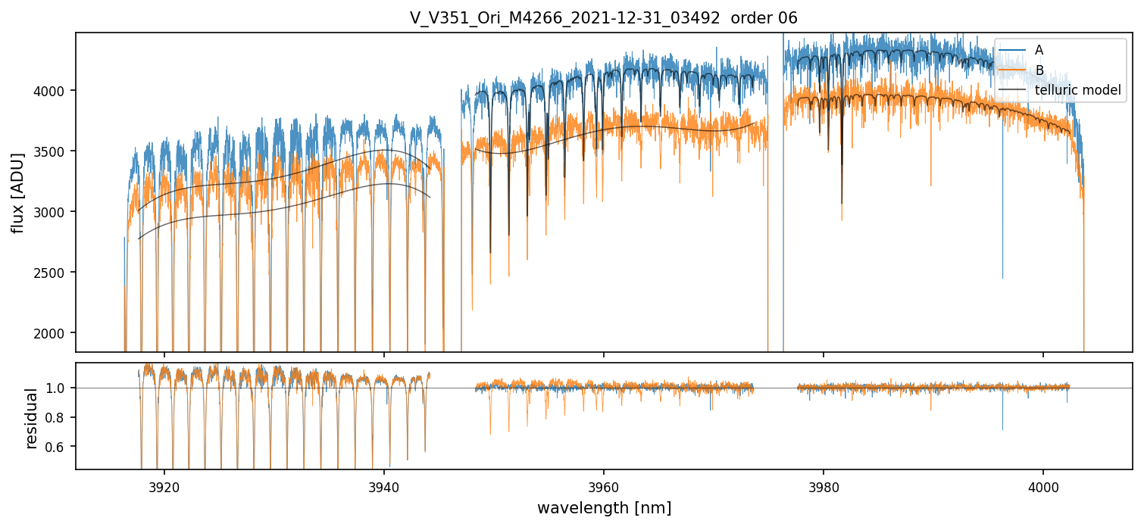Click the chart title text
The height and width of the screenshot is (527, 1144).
604,18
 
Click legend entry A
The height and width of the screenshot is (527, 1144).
1039,50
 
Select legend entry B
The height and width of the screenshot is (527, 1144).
1039,70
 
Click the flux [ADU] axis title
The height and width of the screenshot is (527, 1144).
17,192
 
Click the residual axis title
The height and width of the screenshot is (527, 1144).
31,418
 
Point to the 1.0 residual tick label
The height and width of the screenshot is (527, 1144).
58,388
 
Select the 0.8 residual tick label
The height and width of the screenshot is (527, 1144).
58,418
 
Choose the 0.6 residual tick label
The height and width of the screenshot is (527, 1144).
58,447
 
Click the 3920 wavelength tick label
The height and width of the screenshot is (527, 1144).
164,485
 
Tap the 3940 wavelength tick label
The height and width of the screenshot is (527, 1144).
384,485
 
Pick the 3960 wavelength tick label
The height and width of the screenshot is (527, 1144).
604,485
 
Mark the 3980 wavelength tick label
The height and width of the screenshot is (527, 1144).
824,485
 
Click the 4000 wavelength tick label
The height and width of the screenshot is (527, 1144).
1043,485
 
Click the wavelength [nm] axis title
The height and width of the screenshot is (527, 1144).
604,508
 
